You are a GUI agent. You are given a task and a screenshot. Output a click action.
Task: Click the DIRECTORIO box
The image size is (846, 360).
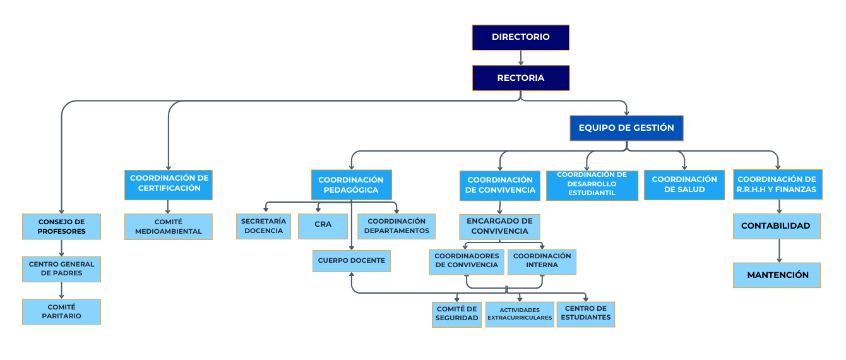520,37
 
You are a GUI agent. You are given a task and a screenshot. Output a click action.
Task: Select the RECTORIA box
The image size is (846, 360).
520,78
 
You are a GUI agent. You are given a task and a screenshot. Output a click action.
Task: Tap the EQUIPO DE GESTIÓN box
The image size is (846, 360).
626,128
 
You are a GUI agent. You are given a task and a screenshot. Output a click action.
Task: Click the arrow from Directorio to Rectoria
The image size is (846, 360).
521,58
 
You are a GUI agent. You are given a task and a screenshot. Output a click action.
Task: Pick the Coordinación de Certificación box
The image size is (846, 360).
169,184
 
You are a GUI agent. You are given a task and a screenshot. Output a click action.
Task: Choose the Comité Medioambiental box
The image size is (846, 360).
169,227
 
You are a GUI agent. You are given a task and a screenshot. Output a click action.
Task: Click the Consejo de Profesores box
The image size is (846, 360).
62,227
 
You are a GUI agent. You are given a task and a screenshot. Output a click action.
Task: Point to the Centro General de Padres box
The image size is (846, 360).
62,269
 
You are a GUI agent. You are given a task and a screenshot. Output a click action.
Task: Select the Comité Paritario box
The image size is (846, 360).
62,311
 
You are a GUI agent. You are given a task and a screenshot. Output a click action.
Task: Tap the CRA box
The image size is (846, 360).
323,226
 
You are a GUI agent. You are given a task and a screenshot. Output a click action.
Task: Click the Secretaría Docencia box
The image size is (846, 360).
264,226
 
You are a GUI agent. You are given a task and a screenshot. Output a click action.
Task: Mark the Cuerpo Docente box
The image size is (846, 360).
351,261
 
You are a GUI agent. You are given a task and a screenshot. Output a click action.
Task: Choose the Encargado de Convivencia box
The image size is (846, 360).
499,227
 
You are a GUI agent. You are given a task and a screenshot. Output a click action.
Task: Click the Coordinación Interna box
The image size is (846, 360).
542,261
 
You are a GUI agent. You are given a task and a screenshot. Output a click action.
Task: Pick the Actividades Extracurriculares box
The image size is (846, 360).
520,315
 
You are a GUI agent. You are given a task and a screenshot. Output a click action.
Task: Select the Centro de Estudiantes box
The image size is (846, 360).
586,315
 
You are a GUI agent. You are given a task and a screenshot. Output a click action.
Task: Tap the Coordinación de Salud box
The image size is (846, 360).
684,184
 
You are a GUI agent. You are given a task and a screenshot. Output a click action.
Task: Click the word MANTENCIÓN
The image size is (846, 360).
778,275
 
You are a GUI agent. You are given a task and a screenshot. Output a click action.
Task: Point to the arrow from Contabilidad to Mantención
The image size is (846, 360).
779,251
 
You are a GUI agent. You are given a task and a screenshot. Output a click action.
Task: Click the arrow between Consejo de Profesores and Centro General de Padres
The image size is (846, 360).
62,248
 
